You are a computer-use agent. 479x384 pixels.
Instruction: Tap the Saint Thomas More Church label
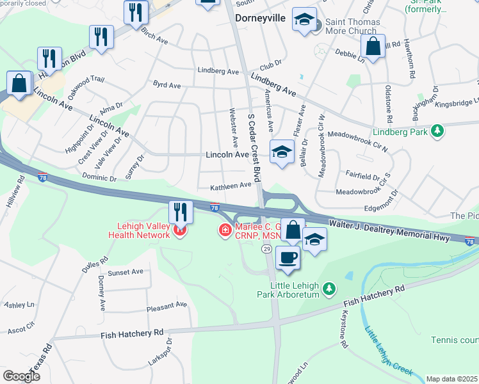352,26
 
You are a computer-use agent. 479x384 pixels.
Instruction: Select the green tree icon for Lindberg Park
437,131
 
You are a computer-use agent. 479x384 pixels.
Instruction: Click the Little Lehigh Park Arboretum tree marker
329,289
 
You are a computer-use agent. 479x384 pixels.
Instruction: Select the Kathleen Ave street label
231,186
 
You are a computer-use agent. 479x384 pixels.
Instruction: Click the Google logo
21,376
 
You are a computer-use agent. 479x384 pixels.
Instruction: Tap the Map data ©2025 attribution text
451,379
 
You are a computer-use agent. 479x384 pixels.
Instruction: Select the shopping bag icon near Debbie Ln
372,46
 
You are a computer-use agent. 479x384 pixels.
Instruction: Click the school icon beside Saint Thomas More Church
305,19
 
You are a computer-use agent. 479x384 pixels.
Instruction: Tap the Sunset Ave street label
126,272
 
